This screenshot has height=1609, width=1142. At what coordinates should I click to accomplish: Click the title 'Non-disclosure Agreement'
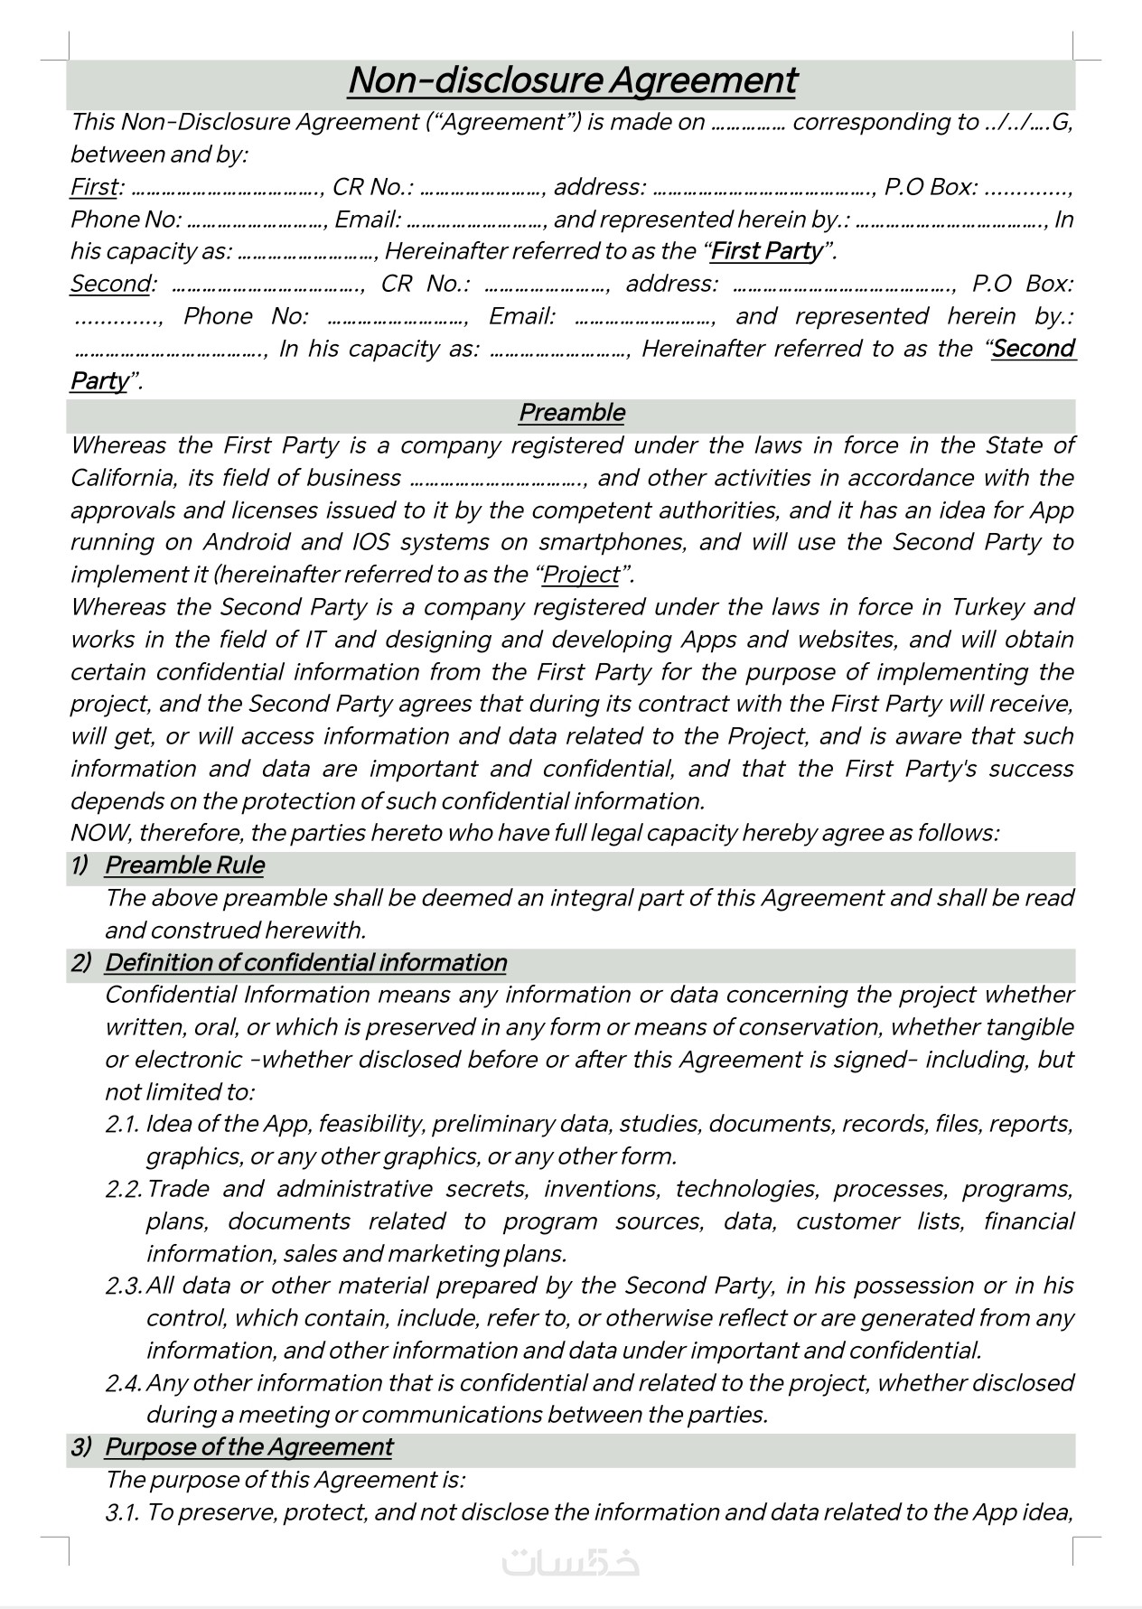click(572, 80)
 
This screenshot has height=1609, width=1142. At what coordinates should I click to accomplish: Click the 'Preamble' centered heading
click(571, 413)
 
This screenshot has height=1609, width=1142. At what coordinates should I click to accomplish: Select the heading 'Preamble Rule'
click(184, 865)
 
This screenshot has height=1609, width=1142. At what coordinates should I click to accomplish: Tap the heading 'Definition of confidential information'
click(305, 963)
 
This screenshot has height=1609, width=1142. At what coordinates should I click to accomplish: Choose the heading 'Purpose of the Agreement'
click(248, 1447)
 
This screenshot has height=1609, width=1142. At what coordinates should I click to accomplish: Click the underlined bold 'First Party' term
click(767, 251)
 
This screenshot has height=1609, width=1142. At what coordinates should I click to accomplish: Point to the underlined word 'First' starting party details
click(94, 187)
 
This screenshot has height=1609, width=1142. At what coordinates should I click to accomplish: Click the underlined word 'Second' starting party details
click(110, 284)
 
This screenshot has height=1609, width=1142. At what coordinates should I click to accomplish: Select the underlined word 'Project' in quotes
click(582, 575)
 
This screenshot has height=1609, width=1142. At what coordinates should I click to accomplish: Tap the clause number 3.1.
click(122, 1512)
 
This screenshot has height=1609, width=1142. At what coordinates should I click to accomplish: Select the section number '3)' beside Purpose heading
click(81, 1447)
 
